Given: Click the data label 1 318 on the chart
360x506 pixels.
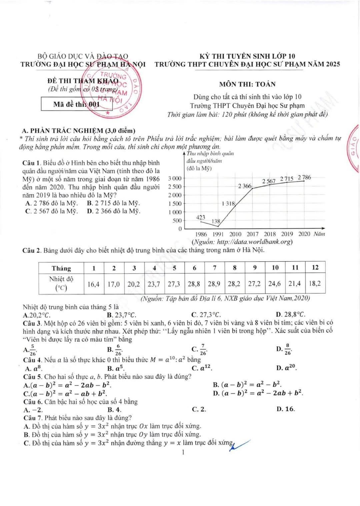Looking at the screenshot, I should click(x=228, y=203).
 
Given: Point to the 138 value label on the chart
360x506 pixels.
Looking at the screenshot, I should click(x=216, y=221).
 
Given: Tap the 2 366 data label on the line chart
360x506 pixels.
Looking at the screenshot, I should click(x=245, y=186).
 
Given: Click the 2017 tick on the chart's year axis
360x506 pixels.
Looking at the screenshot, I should click(x=252, y=234).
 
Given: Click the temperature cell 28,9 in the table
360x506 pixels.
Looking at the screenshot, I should click(x=214, y=284).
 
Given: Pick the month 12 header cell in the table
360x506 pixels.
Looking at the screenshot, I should click(x=315, y=268).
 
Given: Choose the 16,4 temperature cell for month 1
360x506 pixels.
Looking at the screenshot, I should click(x=93, y=284).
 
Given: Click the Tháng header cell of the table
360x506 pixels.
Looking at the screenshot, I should click(x=61, y=268).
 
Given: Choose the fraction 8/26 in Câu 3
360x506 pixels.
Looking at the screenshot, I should click(x=288, y=350).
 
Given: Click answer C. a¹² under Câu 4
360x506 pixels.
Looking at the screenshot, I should click(x=202, y=368).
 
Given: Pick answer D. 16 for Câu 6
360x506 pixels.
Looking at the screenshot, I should click(x=286, y=409).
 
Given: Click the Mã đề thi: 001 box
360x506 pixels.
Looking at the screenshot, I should click(x=77, y=104).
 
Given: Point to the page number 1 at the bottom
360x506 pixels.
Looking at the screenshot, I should click(x=183, y=452).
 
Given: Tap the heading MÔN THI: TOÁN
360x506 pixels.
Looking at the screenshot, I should click(x=247, y=84).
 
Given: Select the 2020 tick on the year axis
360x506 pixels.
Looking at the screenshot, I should click(x=304, y=234).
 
